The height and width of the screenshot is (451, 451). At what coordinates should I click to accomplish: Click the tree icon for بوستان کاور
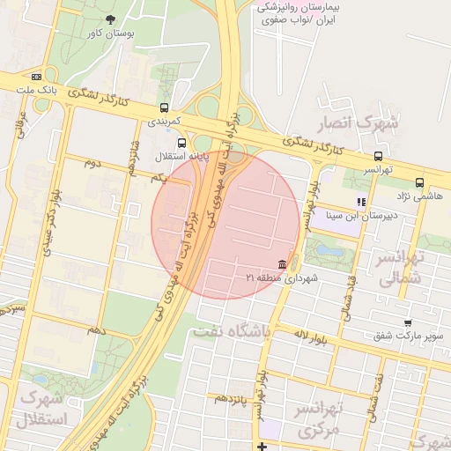click(x=109, y=19)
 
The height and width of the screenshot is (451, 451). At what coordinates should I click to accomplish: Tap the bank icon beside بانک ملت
click(x=36, y=77)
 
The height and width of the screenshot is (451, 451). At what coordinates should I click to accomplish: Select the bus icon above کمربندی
click(x=163, y=105)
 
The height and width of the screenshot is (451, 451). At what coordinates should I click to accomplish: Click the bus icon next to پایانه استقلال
click(x=181, y=143)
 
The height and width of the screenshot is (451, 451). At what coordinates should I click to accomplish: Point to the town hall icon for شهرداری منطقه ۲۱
click(x=281, y=265)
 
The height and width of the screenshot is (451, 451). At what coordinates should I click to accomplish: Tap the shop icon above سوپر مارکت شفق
click(x=407, y=323)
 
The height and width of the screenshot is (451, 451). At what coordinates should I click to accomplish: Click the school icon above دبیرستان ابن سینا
click(x=361, y=202)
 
